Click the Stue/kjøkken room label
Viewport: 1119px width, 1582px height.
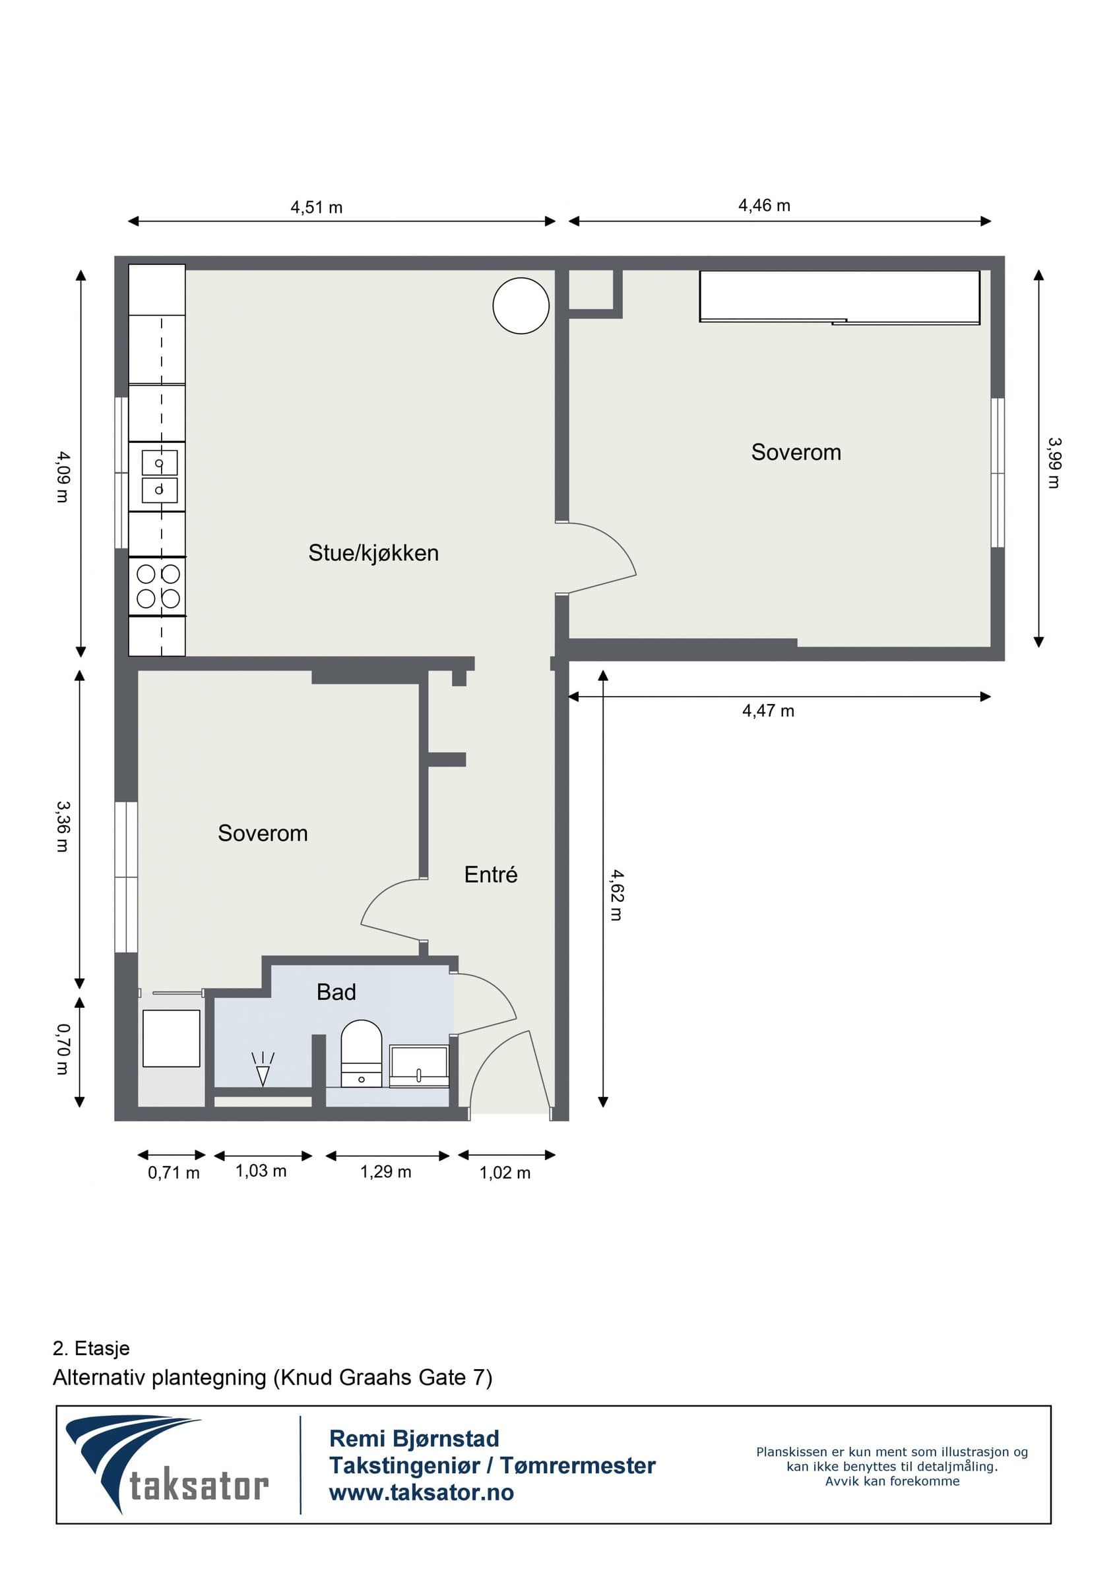[x=373, y=553]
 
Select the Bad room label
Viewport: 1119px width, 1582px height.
[x=336, y=992]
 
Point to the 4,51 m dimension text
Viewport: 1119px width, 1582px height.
[x=317, y=208]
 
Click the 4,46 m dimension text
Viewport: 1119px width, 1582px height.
[x=765, y=205]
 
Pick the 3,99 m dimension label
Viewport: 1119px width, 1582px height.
[x=1054, y=463]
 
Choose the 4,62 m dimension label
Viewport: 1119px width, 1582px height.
[x=617, y=894]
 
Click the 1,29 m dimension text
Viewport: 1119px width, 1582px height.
[x=385, y=1172]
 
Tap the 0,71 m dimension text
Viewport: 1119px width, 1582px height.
[x=174, y=1173]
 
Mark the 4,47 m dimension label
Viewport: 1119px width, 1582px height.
[x=768, y=711]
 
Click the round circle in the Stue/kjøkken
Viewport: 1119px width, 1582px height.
[x=521, y=306]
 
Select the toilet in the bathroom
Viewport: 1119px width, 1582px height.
[x=362, y=1053]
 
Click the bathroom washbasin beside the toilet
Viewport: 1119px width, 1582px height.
[x=419, y=1066]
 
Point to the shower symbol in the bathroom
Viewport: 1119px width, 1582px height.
[x=263, y=1069]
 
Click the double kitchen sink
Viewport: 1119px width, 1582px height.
[x=159, y=477]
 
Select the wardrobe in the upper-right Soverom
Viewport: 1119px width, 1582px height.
[x=840, y=297]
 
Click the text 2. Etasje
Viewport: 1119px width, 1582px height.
[x=91, y=1349]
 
